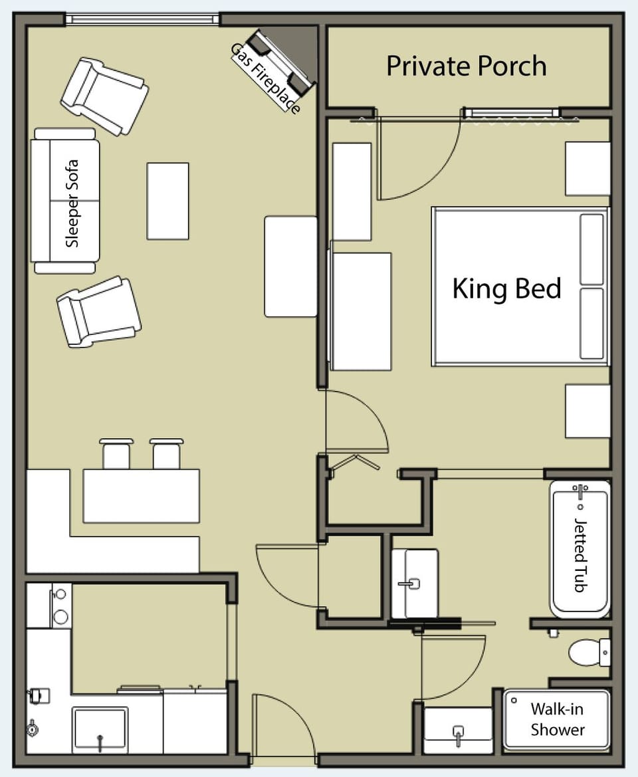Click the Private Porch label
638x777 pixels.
(467, 66)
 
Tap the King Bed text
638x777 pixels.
(506, 289)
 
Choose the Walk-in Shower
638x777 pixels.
(557, 719)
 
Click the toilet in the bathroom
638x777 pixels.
(587, 652)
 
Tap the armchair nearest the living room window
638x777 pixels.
(104, 96)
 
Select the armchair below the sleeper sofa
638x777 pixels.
(99, 312)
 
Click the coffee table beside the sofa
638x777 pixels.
(167, 201)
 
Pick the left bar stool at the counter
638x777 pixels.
(116, 453)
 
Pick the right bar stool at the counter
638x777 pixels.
(166, 453)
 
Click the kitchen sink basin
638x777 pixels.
(100, 729)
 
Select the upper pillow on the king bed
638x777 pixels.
(591, 249)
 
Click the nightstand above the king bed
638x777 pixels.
(587, 169)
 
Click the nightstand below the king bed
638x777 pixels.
(587, 411)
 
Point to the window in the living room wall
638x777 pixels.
(142, 19)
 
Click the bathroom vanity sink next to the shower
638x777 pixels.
(458, 729)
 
